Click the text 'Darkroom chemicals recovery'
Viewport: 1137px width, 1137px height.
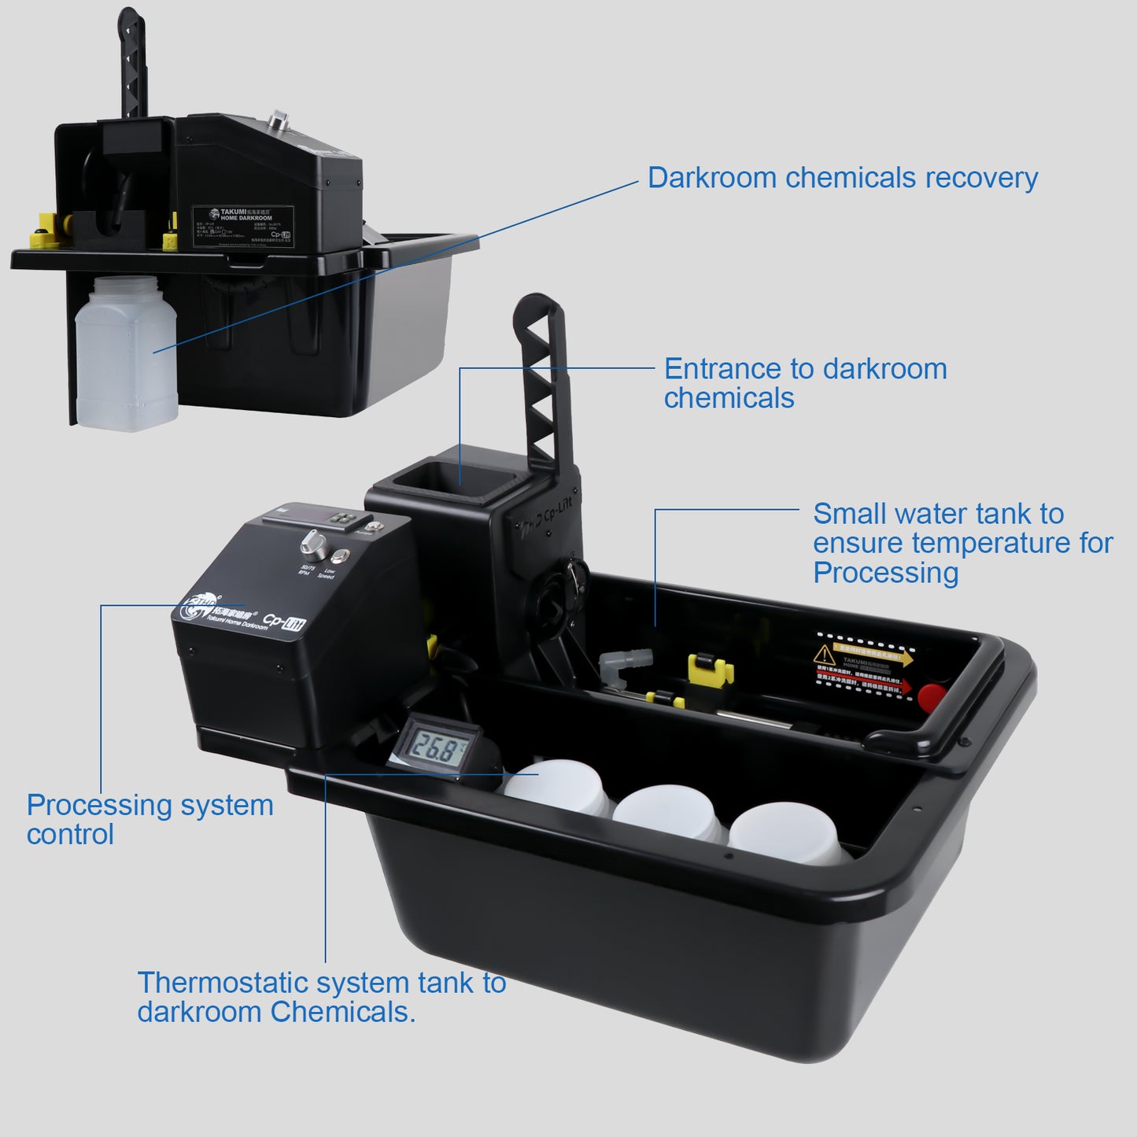click(x=842, y=178)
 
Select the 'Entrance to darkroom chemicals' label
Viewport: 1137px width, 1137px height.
click(x=804, y=383)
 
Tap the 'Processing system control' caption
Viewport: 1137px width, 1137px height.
click(x=150, y=819)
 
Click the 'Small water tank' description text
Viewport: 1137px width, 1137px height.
click(x=962, y=543)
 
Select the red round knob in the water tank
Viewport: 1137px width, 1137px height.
click(x=933, y=696)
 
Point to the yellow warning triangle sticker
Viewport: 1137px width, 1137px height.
click(x=824, y=654)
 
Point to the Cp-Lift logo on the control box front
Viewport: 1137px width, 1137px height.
click(x=284, y=622)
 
